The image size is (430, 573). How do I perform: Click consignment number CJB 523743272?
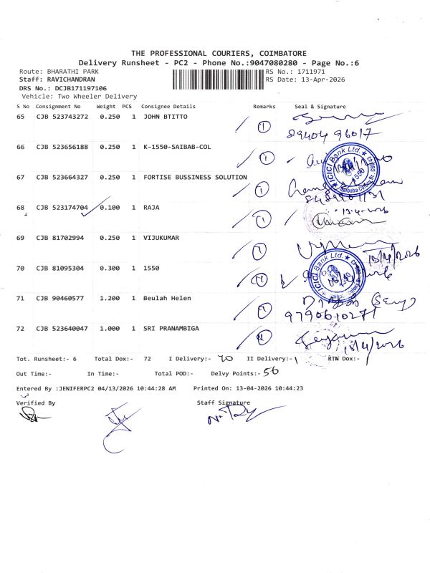(x=62, y=115)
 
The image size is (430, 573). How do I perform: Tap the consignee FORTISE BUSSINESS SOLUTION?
(x=195, y=177)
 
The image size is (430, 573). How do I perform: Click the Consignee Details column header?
(x=169, y=106)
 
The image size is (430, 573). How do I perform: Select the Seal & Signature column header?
(x=320, y=106)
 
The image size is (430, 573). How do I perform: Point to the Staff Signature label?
(x=224, y=403)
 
